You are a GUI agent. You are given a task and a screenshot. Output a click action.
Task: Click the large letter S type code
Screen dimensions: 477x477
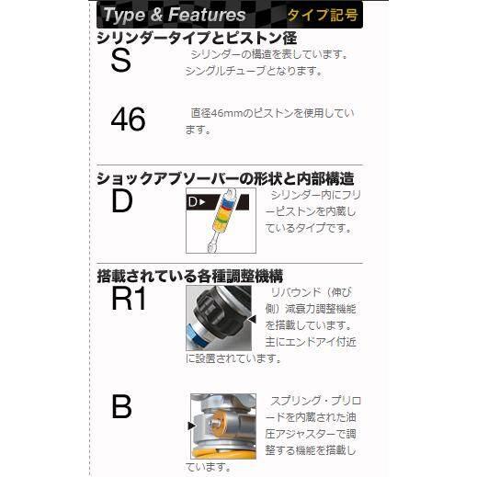[x=121, y=62]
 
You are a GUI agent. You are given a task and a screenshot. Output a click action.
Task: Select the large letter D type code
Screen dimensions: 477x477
[x=121, y=201]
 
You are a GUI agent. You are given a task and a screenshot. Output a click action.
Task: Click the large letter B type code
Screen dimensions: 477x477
[x=121, y=406]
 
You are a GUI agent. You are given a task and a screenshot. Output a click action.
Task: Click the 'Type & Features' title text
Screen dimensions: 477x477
[x=175, y=15]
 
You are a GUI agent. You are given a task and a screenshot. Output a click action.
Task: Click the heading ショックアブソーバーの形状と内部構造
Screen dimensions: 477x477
[x=225, y=179]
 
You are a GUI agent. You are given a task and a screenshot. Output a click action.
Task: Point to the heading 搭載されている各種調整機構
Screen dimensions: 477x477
[x=189, y=275]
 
